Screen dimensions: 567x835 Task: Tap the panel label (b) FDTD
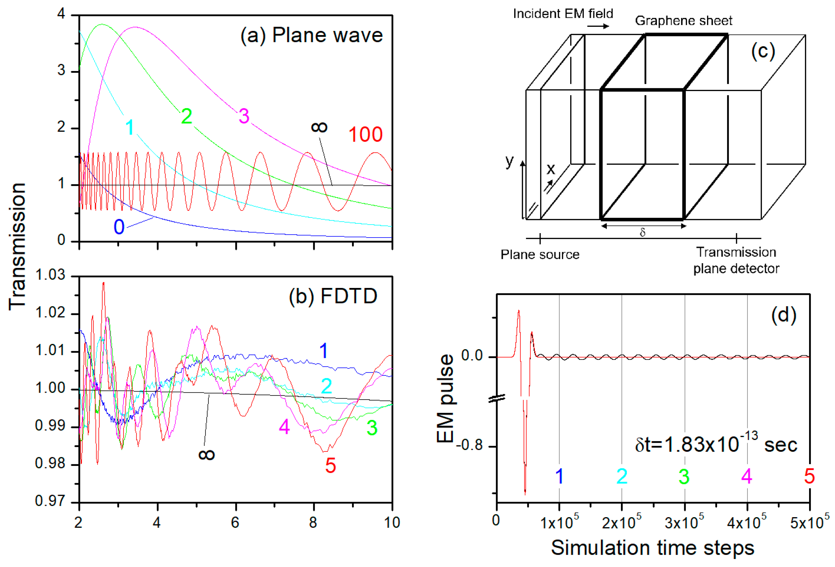333,296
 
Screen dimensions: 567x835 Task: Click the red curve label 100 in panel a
365,135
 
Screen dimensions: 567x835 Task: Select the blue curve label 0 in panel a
119,227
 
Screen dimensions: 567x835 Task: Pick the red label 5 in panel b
330,466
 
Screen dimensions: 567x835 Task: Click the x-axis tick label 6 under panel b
235,522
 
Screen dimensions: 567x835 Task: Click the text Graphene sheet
683,21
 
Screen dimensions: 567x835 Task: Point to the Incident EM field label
563,14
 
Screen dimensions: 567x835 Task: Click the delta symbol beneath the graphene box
642,233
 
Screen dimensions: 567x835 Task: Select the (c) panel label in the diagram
763,51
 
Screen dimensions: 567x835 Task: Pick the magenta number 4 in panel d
746,476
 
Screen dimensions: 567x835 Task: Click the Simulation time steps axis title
652,548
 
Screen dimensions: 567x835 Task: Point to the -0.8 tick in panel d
469,446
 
